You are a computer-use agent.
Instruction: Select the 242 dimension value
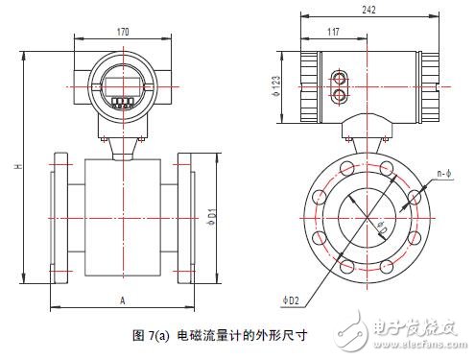(x=368, y=10)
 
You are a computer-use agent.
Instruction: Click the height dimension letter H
(x=18, y=169)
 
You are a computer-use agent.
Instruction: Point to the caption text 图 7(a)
(x=149, y=336)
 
